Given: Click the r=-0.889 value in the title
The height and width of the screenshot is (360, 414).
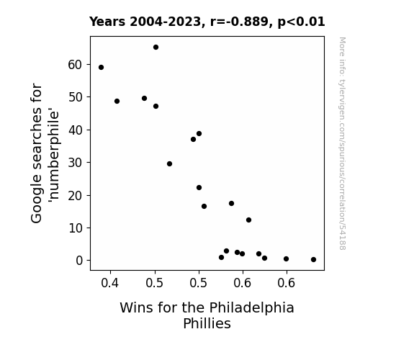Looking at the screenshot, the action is click(239, 22).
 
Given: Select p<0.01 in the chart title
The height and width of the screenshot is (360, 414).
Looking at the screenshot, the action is click(301, 22).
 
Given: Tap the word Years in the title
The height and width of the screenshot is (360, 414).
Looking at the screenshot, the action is click(107, 22).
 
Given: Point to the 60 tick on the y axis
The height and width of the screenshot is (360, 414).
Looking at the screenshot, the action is click(76, 65).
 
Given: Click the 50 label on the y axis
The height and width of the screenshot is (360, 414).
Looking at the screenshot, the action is click(76, 97).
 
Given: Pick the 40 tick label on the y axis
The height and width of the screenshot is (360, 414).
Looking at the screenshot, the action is click(76, 130).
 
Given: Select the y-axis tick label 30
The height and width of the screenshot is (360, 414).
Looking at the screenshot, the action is click(76, 163).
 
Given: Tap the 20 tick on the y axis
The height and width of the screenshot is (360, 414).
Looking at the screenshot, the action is click(76, 195).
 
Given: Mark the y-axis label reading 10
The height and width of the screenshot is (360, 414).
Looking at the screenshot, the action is click(76, 228).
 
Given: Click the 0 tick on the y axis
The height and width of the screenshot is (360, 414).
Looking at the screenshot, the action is click(79, 261).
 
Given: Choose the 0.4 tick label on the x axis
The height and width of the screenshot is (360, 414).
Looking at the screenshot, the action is click(110, 283).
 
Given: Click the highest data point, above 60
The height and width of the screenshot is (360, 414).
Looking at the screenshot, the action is click(156, 48).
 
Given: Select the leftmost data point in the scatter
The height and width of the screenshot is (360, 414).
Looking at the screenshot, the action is click(101, 68).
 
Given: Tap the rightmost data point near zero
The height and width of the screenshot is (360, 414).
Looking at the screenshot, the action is click(313, 260).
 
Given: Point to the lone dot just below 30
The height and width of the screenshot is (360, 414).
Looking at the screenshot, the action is click(169, 163).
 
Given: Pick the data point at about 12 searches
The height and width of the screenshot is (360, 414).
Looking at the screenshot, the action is click(248, 220).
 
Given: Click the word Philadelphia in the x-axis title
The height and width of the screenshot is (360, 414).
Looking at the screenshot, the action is click(251, 308).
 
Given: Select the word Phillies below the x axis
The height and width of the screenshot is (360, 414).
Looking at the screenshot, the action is click(207, 323).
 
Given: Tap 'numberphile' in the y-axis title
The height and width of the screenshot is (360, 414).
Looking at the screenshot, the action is click(53, 156).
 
